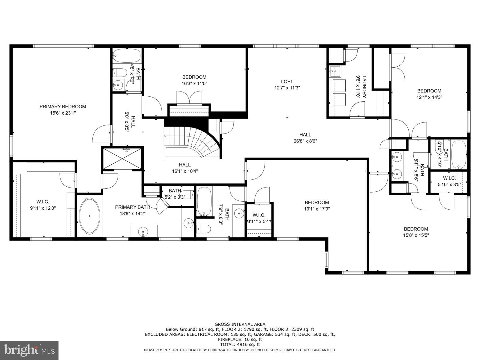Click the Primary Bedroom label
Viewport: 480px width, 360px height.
click(x=63, y=106)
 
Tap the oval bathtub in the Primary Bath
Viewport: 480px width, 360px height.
click(x=89, y=216)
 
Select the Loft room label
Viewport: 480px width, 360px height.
click(x=287, y=81)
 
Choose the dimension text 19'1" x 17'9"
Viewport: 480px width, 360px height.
click(x=317, y=209)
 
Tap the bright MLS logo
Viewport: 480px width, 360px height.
click(x=29, y=350)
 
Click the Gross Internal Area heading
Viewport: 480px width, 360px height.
click(x=240, y=324)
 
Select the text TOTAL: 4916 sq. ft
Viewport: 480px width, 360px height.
click(x=240, y=344)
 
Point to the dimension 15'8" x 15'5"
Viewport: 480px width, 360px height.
click(x=415, y=235)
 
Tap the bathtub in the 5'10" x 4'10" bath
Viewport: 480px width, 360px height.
click(x=459, y=154)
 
